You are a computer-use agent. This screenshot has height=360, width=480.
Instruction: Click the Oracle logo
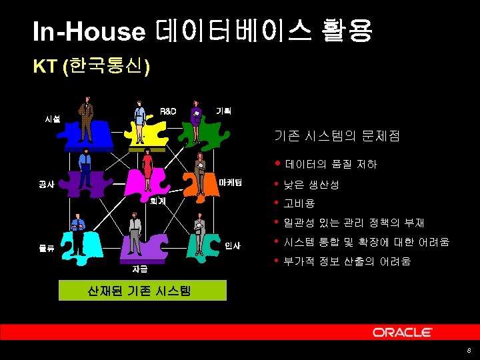click(x=402, y=332)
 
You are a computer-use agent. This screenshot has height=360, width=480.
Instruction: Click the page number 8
click(x=469, y=351)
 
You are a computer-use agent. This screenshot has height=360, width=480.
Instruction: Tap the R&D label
click(x=168, y=111)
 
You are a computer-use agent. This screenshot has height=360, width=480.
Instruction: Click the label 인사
click(x=232, y=246)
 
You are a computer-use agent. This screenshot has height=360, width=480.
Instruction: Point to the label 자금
click(x=139, y=269)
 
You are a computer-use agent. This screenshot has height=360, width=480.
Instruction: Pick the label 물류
click(x=46, y=249)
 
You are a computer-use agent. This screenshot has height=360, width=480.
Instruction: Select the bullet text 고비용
click(x=299, y=203)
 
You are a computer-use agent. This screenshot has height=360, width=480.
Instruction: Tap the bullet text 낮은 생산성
click(x=311, y=184)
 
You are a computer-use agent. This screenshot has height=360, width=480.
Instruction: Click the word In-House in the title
click(x=89, y=31)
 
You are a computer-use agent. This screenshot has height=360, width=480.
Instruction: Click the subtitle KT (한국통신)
click(x=92, y=67)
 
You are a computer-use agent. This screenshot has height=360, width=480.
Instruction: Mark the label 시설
click(x=52, y=119)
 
